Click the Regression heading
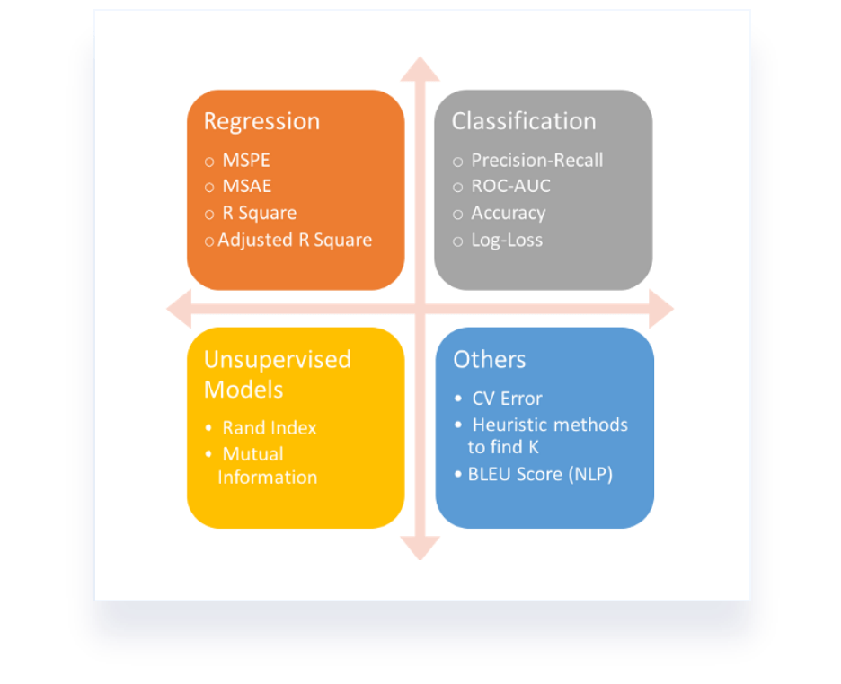click(261, 121)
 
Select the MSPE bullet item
click(246, 161)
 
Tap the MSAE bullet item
click(246, 187)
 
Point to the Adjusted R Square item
click(294, 240)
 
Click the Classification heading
click(523, 121)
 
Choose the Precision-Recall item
click(536, 161)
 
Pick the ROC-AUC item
click(510, 187)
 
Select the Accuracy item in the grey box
click(508, 213)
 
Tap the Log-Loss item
click(507, 240)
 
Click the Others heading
click(490, 360)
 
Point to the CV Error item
click(507, 399)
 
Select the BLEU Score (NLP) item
click(540, 474)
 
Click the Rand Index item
click(270, 428)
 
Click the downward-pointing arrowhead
click(420, 547)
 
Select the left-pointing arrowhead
click(180, 309)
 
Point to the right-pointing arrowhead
click(660, 309)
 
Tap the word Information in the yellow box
click(268, 478)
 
